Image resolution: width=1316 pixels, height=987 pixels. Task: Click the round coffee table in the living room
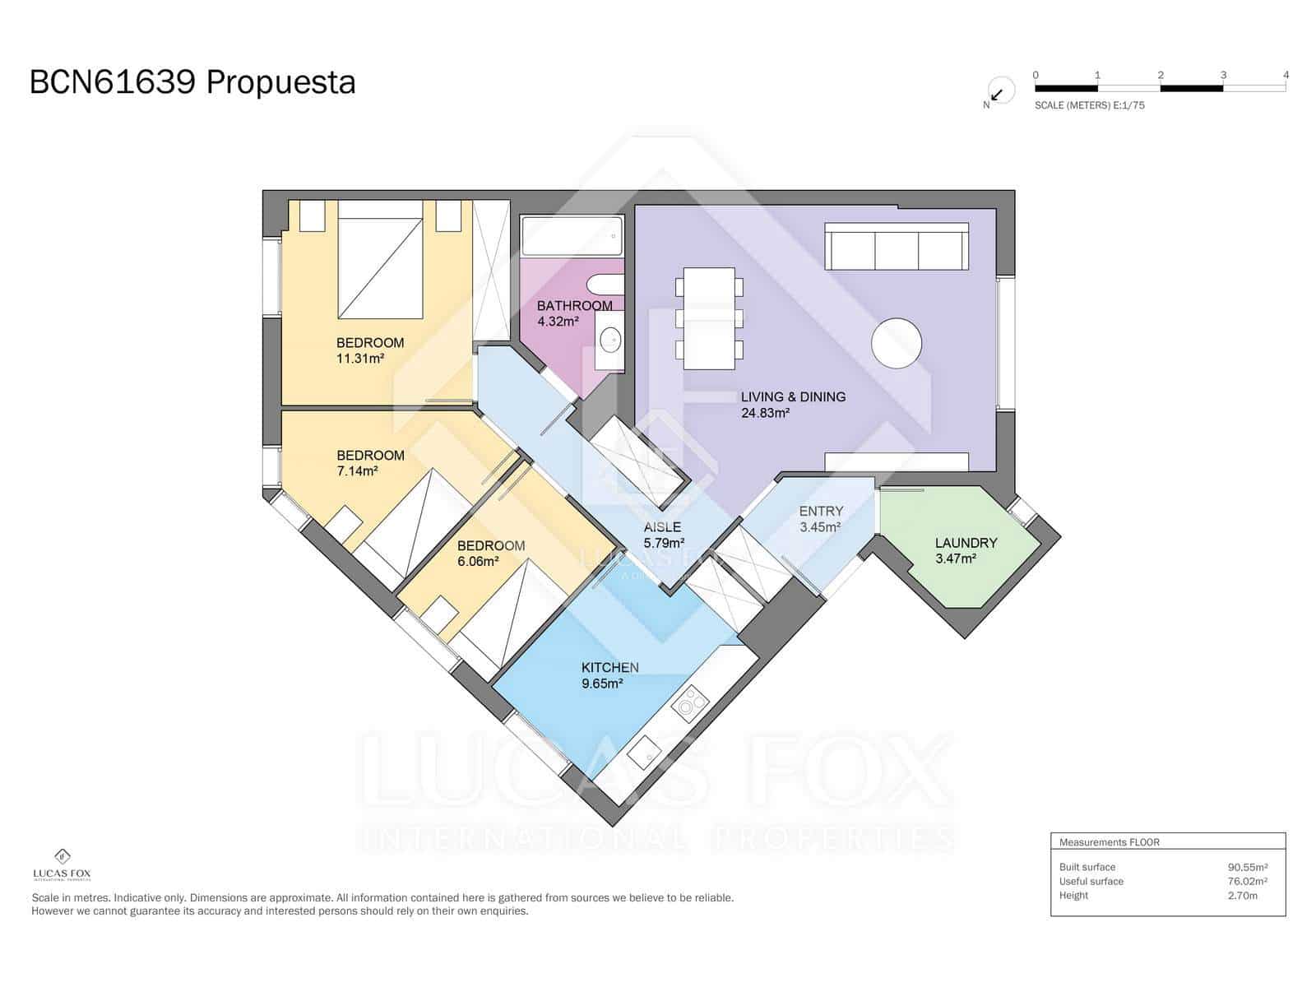point(896,343)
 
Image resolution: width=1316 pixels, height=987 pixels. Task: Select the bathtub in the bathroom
point(572,236)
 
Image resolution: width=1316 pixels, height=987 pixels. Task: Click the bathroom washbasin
point(609,338)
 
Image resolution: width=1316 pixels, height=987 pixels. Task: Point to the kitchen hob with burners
point(690,702)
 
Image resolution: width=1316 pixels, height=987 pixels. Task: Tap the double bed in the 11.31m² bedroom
point(380,268)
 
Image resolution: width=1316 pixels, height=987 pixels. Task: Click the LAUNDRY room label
point(966,543)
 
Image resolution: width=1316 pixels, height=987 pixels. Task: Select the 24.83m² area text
point(765,413)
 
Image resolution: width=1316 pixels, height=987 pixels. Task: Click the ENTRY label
point(821,512)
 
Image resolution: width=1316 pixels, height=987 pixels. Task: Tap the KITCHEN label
point(609,668)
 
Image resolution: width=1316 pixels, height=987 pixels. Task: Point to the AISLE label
point(662,527)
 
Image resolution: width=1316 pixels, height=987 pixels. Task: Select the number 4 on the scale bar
point(1286,75)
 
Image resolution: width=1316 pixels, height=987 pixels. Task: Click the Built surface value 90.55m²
point(1247,867)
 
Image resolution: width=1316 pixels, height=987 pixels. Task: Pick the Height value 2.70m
point(1242,896)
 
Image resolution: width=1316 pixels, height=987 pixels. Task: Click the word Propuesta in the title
point(280,83)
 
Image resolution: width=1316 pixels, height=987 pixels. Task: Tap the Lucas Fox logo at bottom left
point(62,864)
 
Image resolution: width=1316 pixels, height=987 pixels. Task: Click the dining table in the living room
point(709,319)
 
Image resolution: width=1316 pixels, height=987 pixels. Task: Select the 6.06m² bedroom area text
point(478,562)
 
